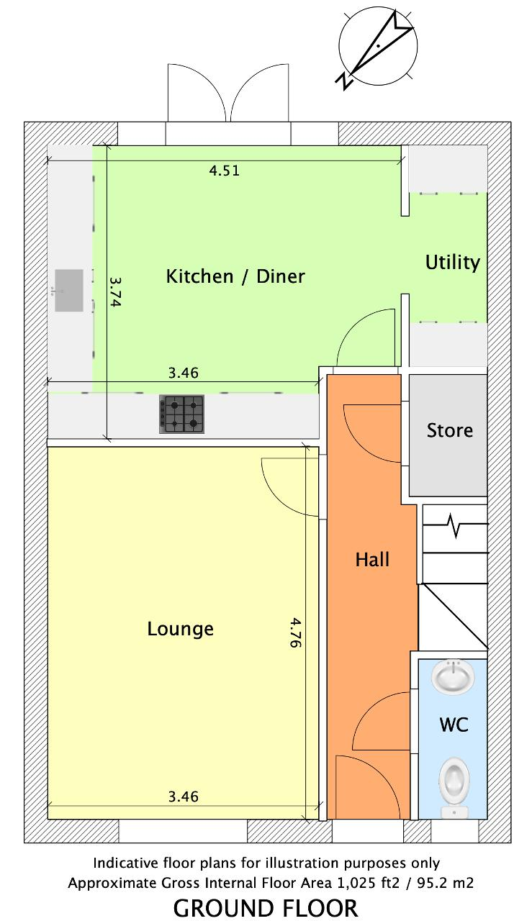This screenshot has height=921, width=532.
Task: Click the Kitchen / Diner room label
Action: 235,276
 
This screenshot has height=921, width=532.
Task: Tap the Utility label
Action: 453,263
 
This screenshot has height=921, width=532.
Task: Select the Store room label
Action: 450,430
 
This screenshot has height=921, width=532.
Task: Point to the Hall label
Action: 372,560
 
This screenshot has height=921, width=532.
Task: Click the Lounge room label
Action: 181,629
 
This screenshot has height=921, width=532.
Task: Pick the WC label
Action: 454,724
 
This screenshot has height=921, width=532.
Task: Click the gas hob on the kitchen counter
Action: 181,414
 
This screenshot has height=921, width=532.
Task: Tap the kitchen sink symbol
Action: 69,290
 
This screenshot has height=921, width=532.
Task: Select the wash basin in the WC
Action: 453,676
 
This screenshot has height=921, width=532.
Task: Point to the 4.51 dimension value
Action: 224,171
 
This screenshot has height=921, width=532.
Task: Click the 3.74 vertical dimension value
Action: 116,292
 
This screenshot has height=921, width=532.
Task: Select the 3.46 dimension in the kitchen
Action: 184,373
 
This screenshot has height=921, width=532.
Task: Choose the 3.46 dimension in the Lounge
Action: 184,797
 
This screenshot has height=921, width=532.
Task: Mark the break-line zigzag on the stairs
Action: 456,525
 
